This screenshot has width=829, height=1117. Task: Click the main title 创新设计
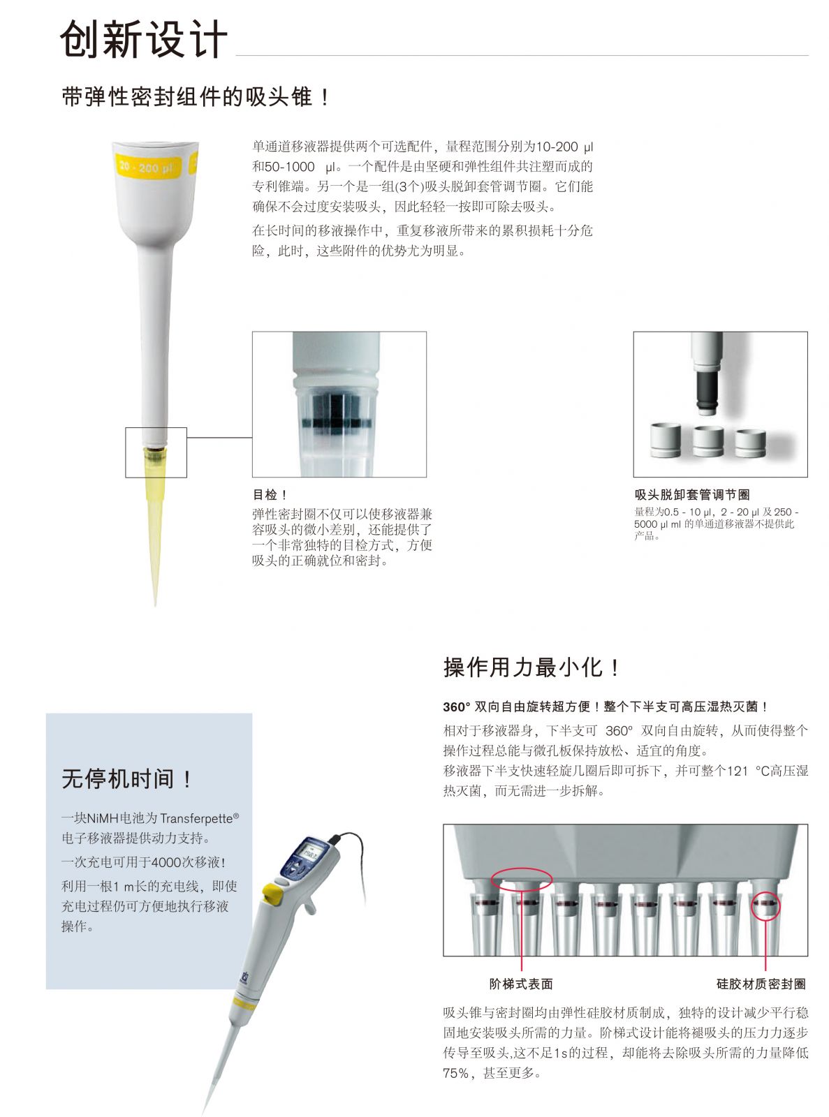143,39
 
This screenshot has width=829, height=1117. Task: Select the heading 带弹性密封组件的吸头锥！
196,96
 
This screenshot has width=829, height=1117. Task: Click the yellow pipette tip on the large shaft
154,524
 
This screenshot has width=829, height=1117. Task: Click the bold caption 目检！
270,494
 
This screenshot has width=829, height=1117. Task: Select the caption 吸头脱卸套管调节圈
692,494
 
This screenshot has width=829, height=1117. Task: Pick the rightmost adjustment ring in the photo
750,443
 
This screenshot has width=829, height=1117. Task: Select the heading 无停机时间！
126,778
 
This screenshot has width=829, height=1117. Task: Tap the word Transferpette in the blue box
196,818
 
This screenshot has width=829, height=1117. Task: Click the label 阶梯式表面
521,984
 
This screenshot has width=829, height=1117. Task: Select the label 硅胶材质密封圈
761,984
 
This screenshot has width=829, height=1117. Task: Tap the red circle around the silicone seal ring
765,905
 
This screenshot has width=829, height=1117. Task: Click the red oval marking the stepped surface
522,880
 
